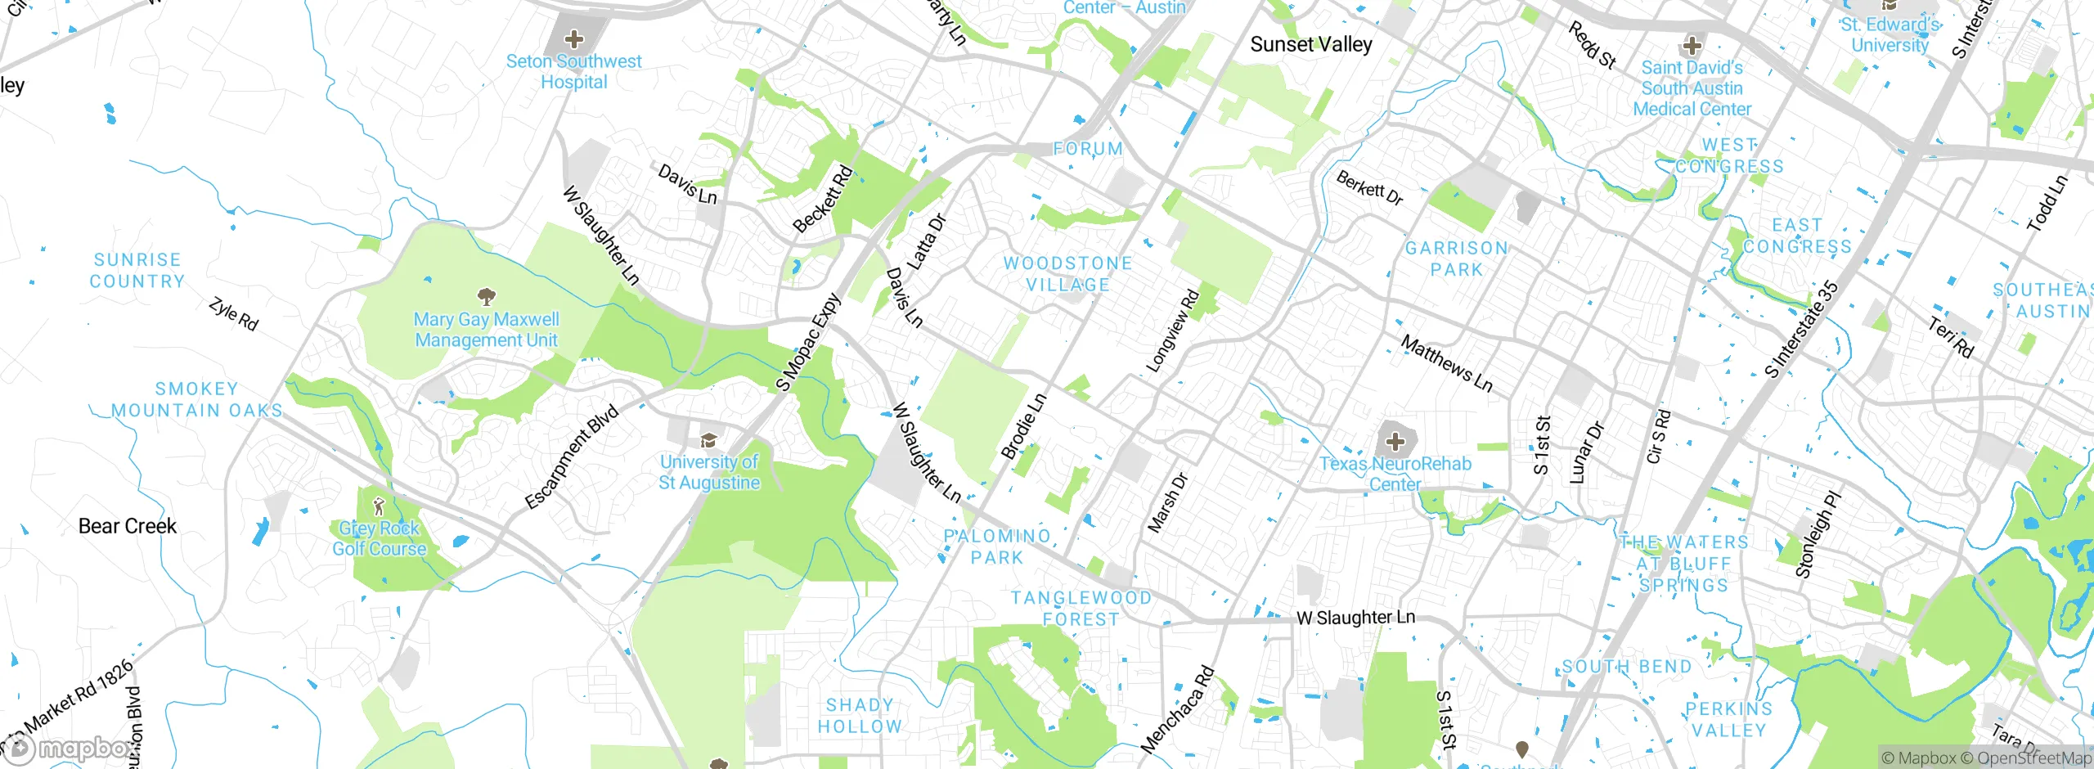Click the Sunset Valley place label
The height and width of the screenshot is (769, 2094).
click(1310, 44)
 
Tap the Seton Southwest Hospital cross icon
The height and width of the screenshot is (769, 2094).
click(574, 38)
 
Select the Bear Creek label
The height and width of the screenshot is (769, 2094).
click(128, 526)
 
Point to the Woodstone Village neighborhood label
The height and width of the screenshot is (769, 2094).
click(1068, 274)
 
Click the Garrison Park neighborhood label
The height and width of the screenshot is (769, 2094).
click(1456, 259)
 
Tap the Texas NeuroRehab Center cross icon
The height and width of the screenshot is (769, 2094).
click(1395, 443)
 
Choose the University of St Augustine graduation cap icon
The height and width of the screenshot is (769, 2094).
click(708, 440)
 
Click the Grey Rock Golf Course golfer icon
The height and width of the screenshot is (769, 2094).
click(378, 506)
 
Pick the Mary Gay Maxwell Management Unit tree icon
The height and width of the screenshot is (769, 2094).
click(487, 296)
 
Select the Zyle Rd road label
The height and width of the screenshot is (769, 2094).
click(233, 314)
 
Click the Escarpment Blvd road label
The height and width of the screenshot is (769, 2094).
click(571, 456)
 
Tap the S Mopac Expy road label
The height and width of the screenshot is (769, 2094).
click(808, 342)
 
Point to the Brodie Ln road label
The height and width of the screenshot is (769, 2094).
click(1023, 426)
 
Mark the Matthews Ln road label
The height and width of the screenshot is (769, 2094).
click(1446, 363)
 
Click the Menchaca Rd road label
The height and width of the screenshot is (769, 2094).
click(1178, 709)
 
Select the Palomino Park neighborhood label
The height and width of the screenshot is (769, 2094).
click(997, 546)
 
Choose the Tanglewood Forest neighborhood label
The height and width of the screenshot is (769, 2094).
click(1081, 609)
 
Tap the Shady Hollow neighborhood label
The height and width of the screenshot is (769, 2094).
click(860, 716)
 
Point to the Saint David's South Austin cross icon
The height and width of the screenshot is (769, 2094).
click(1692, 45)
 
